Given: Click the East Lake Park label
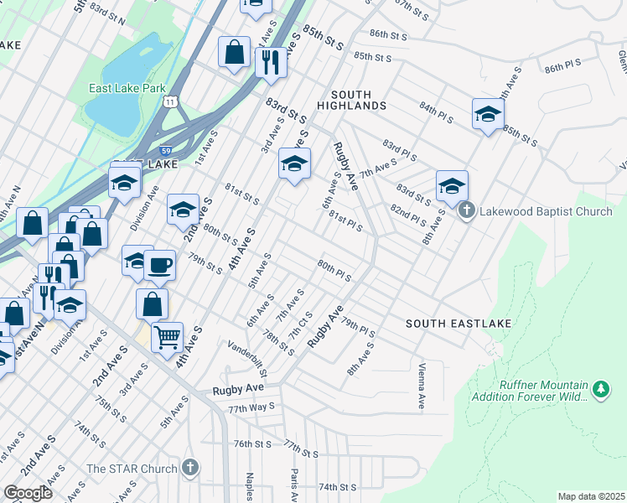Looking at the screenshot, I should click(128, 88).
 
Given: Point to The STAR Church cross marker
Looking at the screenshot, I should click(190, 468).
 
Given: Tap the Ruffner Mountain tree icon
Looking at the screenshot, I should click(600, 389).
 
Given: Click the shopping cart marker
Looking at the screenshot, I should click(168, 338).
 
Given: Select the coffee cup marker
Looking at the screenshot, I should click(159, 266).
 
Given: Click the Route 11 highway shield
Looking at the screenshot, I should click(170, 101).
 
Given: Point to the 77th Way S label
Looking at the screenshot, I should click(251, 409).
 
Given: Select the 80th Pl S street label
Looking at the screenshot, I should click(334, 269).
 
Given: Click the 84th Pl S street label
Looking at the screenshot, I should click(436, 114).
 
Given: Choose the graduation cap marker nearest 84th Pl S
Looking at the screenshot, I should click(488, 115).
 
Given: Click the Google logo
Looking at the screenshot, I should click(28, 492).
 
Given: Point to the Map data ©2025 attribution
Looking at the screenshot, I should click(590, 496).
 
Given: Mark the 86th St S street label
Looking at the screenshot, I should click(388, 36).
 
